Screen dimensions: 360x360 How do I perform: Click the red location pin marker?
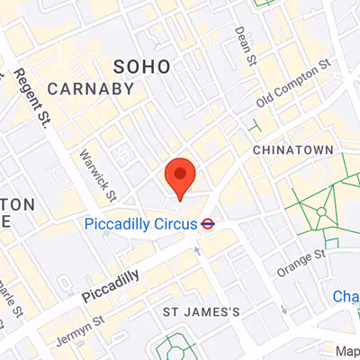tap(181, 177)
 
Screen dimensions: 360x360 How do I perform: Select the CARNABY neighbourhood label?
tap(91, 88)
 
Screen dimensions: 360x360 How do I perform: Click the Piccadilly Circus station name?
tap(139, 224)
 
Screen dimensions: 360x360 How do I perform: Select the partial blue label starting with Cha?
tap(346, 296)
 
